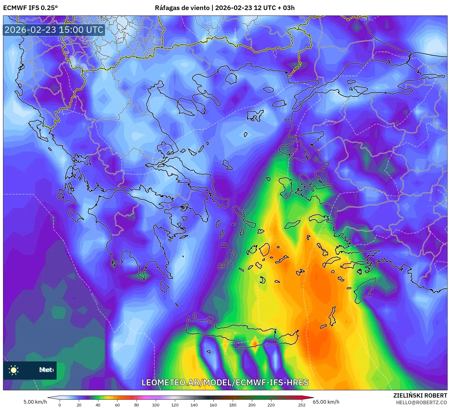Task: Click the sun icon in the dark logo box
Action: [x=14, y=370]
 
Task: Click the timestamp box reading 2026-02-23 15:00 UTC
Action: [x=54, y=30]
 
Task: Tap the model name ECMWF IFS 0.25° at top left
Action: [x=30, y=8]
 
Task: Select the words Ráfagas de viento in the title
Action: [x=182, y=8]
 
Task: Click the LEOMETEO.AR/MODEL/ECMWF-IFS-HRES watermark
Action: [x=225, y=382]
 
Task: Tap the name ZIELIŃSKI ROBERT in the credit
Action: [x=420, y=395]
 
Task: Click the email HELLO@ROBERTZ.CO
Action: [x=421, y=402]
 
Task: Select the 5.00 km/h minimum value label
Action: [x=35, y=402]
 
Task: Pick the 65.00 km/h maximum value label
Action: [x=326, y=402]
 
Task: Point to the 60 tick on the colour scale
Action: [x=117, y=405]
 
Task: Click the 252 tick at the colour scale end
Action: [x=302, y=405]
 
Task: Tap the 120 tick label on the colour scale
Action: [x=175, y=405]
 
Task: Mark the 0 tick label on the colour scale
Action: [x=60, y=405]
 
